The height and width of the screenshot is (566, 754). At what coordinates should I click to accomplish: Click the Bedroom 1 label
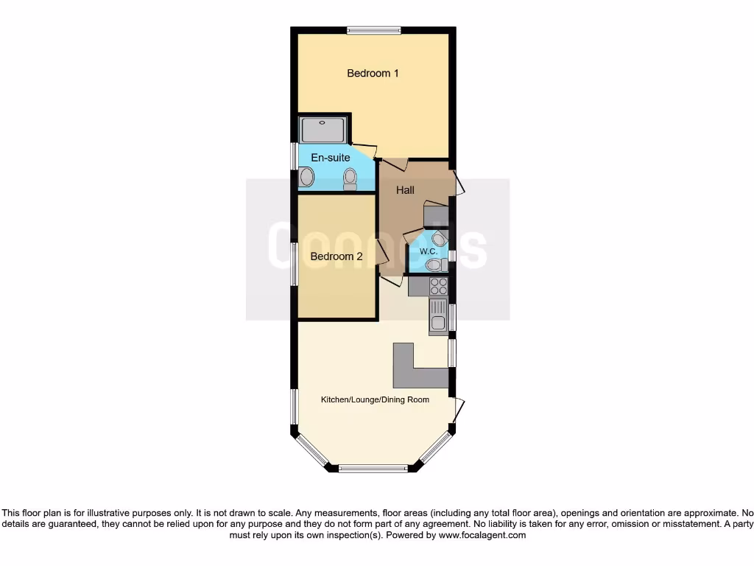373,73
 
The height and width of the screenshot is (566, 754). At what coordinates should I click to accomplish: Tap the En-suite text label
331,158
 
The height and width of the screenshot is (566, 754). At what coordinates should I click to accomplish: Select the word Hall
405,190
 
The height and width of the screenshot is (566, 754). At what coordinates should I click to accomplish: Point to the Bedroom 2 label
337,256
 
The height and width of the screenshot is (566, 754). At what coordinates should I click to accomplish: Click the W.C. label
429,251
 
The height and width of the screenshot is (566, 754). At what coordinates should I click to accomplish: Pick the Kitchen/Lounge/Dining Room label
375,399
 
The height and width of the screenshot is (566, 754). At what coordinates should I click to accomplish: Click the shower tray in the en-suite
323,130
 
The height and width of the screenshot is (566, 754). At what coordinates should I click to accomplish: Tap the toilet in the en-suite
350,178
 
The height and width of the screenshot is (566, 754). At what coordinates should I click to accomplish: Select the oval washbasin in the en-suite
307,178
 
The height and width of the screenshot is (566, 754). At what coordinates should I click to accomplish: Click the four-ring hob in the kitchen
439,286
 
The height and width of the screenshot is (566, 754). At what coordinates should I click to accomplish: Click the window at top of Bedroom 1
374,30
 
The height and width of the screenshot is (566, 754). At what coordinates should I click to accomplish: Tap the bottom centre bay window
373,468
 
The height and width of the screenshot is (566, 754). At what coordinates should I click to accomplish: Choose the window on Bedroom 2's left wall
295,264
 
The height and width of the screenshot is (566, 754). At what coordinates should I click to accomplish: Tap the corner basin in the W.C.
440,238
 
